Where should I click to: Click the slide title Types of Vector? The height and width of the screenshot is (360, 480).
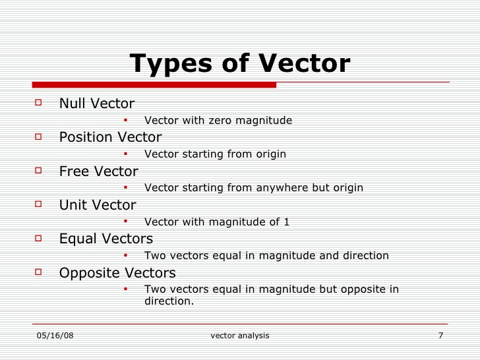240,64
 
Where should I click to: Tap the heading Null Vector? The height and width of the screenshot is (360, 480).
96,104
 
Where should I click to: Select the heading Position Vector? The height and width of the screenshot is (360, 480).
110,137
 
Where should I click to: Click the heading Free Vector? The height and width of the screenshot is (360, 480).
98,171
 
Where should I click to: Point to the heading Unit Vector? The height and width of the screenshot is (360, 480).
98,205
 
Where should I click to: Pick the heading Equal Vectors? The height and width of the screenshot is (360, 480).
105,239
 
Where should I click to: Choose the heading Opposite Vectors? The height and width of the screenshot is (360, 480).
117,273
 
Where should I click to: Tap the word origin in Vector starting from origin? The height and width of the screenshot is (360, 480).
270,154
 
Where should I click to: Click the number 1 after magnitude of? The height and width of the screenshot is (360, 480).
287,222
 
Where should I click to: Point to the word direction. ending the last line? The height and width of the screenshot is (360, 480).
169,301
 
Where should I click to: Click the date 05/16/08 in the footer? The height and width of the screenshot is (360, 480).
55,336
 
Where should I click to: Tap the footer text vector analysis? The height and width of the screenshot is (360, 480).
240,336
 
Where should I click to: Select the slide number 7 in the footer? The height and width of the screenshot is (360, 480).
440,336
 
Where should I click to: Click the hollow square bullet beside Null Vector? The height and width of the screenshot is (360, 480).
38,103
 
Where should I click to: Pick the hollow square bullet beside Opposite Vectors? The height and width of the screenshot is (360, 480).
38,272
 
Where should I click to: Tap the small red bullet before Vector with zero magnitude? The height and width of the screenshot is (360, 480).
125,120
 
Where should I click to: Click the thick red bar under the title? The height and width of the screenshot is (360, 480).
154,84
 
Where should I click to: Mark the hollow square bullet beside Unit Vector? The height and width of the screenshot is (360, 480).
38,204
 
